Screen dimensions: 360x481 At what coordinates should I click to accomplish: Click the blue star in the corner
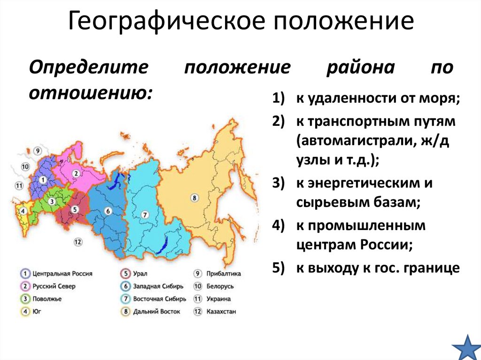pos(465,347)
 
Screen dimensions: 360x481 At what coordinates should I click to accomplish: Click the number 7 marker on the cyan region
pos(145,215)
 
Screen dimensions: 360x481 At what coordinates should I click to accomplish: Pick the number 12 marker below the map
pos(78,242)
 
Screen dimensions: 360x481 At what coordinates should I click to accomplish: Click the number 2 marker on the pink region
pos(76,173)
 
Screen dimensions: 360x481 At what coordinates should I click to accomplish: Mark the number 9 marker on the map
pos(38,151)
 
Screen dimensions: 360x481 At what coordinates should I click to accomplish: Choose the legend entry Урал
pos(141,273)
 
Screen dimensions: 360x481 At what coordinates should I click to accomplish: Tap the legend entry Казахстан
pos(220,311)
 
